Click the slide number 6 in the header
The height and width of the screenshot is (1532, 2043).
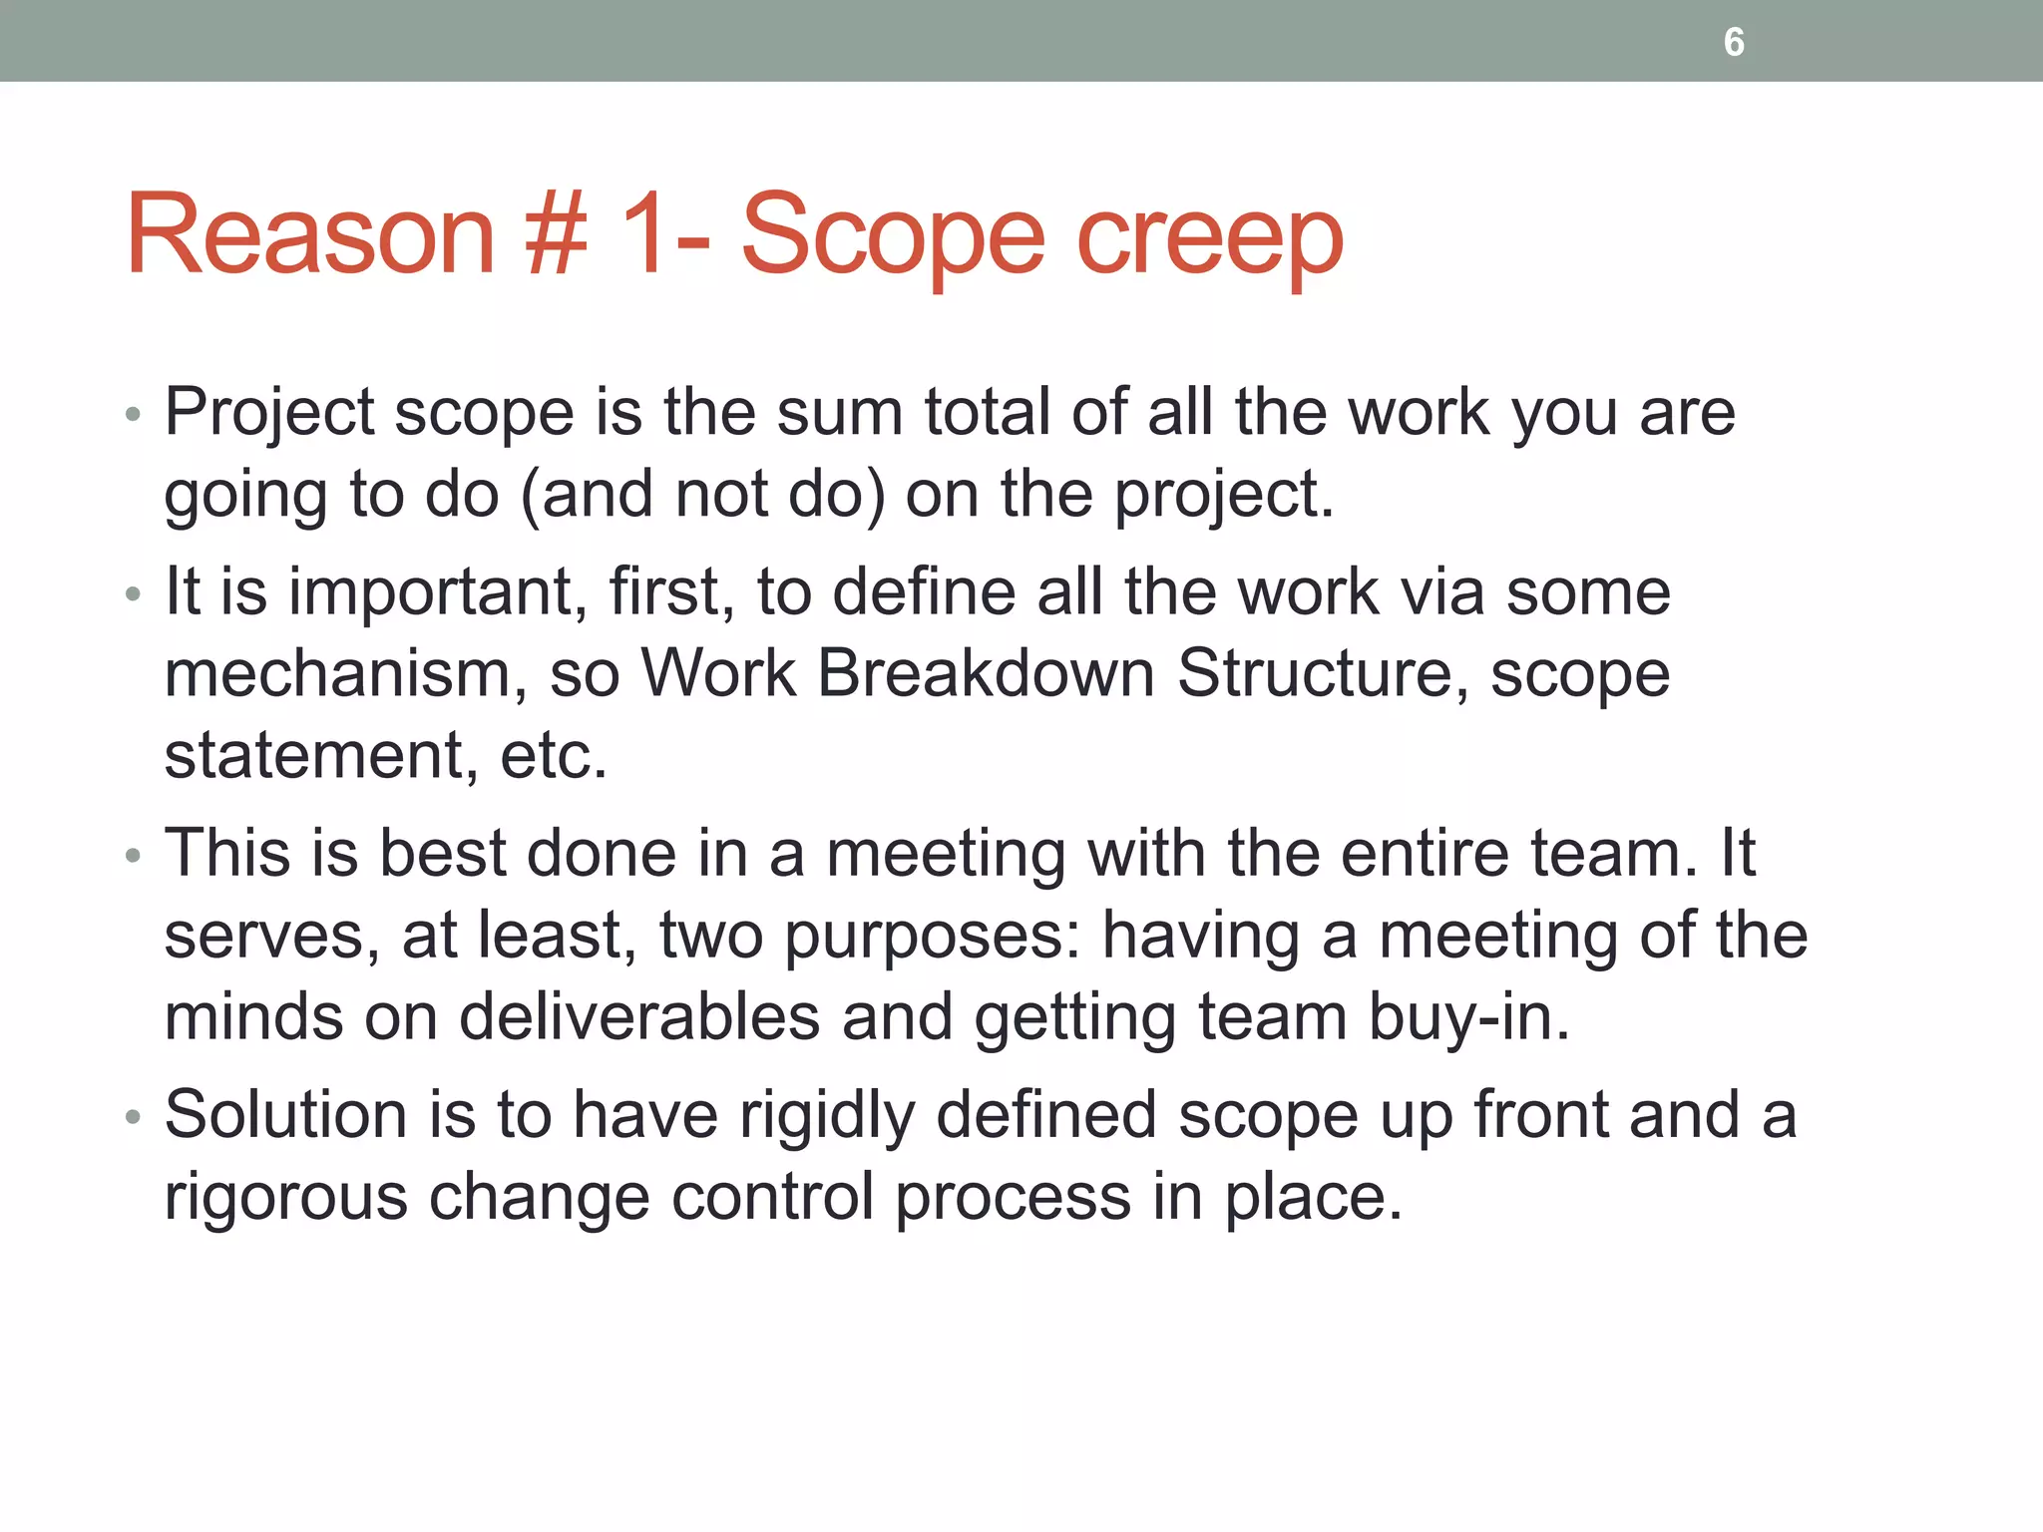coord(1734,42)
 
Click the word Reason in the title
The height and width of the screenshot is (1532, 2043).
coord(310,235)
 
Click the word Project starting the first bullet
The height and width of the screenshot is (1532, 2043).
coord(269,413)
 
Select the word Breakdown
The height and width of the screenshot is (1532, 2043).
coord(986,673)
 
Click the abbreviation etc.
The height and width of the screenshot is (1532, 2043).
coord(553,756)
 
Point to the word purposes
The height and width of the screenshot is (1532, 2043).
coord(932,938)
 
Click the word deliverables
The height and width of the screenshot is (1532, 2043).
coord(638,1017)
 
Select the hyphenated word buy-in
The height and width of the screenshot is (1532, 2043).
coord(1468,1019)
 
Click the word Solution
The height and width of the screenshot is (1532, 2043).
coord(285,1114)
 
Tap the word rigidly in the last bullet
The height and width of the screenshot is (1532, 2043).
coord(826,1116)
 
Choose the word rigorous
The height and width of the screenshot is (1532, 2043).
coord(285,1198)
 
